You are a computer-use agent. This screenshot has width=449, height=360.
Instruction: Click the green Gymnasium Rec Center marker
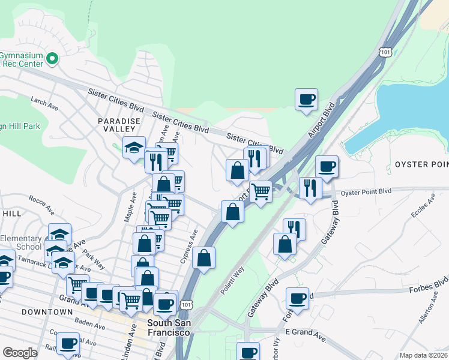pyautogui.click(x=52, y=59)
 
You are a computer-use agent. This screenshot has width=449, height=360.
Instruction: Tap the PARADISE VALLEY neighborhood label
pyautogui.click(x=119, y=125)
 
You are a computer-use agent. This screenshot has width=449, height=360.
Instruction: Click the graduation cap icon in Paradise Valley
pyautogui.click(x=134, y=146)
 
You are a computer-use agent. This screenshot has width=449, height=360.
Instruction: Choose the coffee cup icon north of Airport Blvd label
pyautogui.click(x=306, y=99)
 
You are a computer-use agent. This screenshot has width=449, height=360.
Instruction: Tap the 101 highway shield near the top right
pyautogui.click(x=386, y=53)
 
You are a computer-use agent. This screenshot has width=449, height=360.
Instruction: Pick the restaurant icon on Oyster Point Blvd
pyautogui.click(x=310, y=188)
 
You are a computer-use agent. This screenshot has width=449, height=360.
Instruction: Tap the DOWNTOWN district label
pyautogui.click(x=47, y=312)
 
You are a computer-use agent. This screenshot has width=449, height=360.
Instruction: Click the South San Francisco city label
pyautogui.click(x=169, y=328)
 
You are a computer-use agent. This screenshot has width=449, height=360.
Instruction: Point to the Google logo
pyautogui.click(x=20, y=353)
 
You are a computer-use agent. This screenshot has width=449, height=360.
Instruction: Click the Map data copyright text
pyautogui.click(x=424, y=355)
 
